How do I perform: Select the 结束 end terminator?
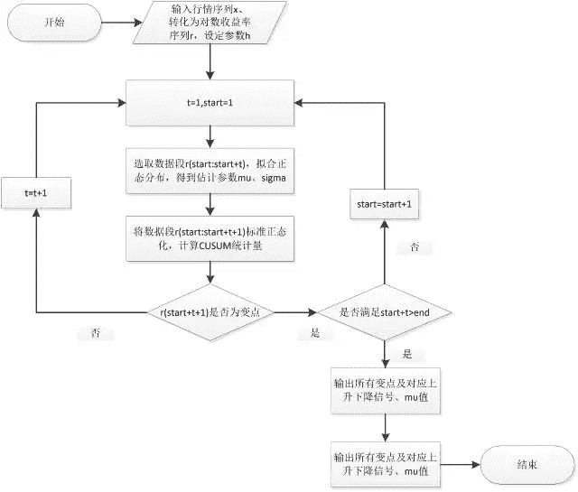click(527, 465)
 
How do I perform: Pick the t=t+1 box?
click(35, 193)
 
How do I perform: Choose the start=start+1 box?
click(386, 205)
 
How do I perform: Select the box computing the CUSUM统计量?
click(210, 237)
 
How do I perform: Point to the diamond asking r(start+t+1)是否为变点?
click(210, 312)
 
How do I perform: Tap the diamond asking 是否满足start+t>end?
click(386, 312)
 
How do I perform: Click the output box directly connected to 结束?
click(386, 465)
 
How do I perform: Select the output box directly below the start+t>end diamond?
click(386, 388)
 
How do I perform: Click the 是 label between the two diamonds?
click(315, 333)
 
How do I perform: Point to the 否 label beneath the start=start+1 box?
click(415, 246)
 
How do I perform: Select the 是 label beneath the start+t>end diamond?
click(406, 353)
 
